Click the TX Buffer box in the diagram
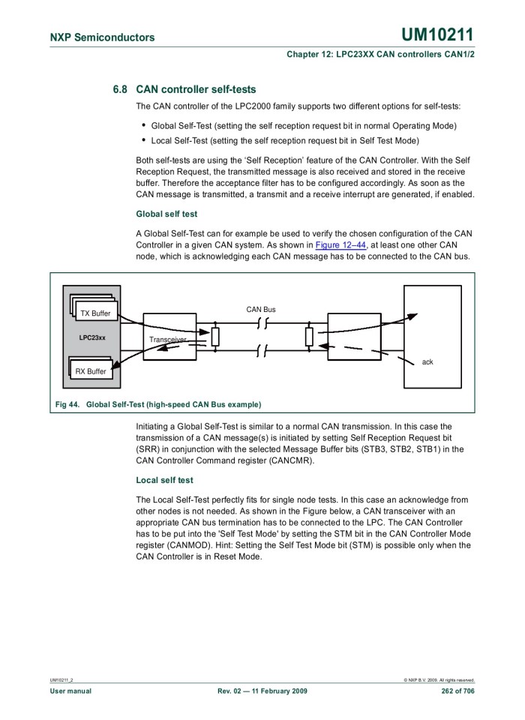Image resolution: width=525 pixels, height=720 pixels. pos(94,313)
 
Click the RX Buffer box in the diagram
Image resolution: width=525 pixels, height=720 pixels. pos(91,370)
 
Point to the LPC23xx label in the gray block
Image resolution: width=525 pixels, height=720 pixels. pos(92,337)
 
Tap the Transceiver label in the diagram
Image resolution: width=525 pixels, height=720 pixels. pos(166,340)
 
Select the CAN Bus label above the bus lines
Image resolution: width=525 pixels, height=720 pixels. pos(261,309)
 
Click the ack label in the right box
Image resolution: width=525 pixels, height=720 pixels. pos(427,361)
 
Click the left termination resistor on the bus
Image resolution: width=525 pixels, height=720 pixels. pos(215,337)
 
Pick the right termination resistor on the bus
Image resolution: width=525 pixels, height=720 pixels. pos(309,337)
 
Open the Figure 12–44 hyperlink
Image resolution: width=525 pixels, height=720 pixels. pos(340,245)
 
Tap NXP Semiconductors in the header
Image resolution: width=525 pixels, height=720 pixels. pos(102,37)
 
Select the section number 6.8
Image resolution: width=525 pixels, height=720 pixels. pos(120,89)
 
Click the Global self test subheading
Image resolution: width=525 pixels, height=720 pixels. pos(166,214)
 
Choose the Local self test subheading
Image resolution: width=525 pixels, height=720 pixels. pos(164,480)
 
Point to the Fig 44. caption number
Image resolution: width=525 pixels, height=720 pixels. pos(67,404)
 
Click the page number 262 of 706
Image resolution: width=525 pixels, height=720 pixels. pos(457,691)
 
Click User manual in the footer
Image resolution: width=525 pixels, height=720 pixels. pos(70,691)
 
